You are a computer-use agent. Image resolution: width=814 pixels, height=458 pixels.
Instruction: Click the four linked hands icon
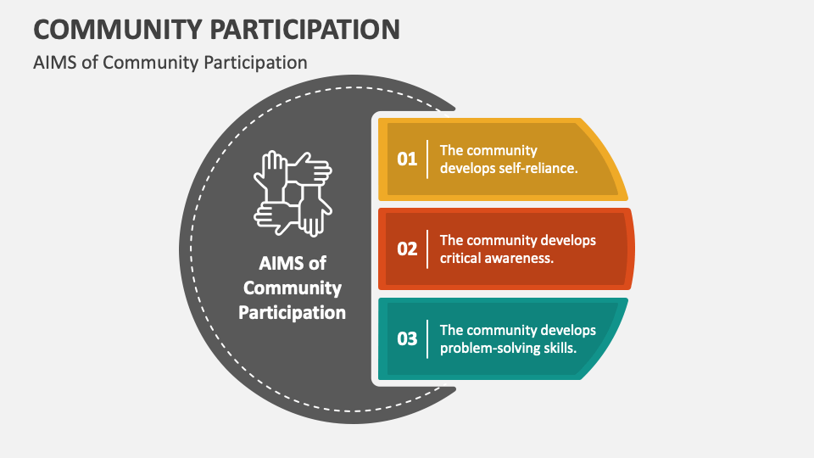293,193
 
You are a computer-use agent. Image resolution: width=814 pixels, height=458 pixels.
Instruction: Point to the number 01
408,159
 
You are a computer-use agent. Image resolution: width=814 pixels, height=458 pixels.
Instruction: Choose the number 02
408,249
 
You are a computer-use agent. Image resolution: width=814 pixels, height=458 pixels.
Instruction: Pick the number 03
408,338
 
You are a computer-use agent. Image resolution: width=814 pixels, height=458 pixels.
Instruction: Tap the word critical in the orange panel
463,258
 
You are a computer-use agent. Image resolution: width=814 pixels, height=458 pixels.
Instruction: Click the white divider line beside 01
427,159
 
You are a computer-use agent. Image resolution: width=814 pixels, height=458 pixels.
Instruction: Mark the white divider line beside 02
427,249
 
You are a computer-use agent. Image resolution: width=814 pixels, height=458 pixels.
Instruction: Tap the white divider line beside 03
427,338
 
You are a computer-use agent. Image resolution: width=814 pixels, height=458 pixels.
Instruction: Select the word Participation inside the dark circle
293,312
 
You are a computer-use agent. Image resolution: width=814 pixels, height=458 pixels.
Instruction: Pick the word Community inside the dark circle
293,288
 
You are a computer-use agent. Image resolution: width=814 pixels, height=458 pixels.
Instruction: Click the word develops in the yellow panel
467,168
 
